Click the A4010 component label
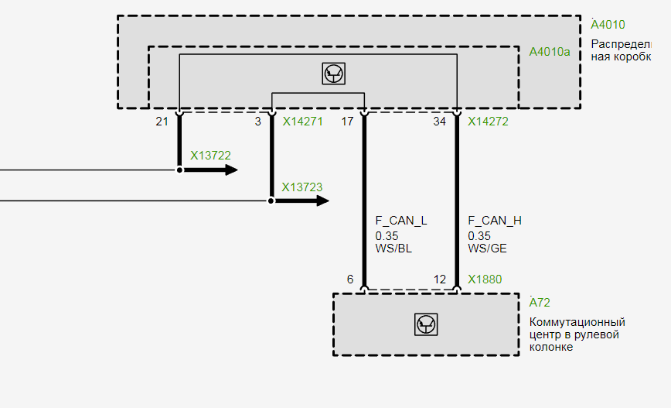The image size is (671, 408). click(608, 25)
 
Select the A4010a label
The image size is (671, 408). click(549, 52)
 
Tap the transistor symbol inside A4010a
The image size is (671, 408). click(333, 74)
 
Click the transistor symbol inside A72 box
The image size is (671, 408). click(426, 324)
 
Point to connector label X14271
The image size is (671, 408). click(302, 122)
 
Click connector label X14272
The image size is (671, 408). click(488, 122)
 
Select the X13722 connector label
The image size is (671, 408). click(210, 155)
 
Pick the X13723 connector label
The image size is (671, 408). click(302, 187)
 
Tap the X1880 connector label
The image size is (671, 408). click(484, 279)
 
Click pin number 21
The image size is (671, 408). click(162, 122)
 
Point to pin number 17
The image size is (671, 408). click(347, 122)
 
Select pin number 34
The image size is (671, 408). click(440, 122)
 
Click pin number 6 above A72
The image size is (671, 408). click(350, 279)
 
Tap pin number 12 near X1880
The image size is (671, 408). click(440, 279)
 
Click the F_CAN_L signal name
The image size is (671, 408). click(401, 221)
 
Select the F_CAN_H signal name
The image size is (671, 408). click(495, 221)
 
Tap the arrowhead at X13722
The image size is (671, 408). click(231, 170)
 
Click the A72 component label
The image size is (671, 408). click(540, 303)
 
